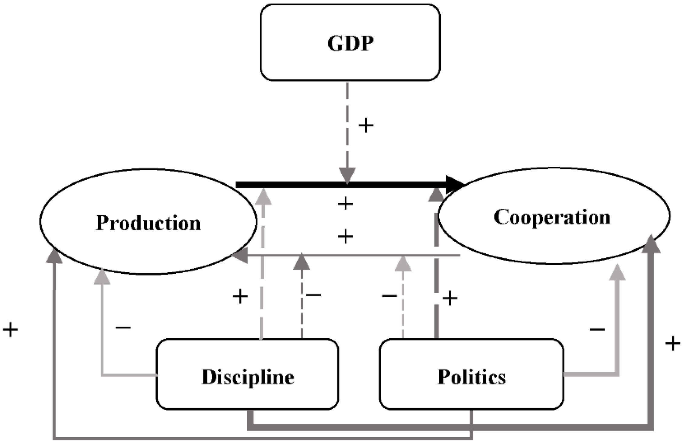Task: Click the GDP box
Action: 350,43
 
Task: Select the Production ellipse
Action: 148,222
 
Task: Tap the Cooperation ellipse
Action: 553,216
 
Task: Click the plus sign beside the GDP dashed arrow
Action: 366,125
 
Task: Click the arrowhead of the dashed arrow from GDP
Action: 347,175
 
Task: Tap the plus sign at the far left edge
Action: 11,330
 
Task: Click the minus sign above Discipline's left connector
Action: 123,327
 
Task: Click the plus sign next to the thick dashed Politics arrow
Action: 450,299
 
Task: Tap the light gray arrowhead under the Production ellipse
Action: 102,277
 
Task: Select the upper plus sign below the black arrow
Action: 345,203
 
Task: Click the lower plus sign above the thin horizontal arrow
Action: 345,236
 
